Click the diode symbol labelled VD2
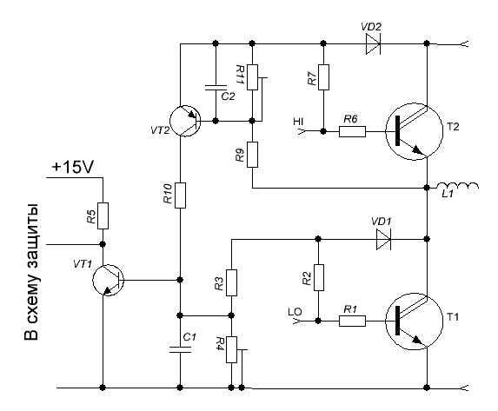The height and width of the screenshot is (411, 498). coord(373,43)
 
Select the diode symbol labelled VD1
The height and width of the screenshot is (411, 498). coord(383,239)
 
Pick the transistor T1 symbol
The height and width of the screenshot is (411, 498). coord(415,322)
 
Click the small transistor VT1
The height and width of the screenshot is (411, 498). coord(108,280)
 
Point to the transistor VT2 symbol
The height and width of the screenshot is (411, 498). coord(185,121)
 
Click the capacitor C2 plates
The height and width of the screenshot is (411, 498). coord(216,88)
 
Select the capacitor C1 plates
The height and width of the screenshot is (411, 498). coord(180,349)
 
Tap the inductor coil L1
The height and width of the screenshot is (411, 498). coord(457,185)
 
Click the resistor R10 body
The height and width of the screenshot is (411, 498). coord(180,196)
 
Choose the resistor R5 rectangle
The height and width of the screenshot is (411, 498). coord(103,216)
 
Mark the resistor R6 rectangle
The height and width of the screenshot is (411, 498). coord(352,131)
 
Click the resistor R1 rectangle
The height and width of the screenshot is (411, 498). coord(352,322)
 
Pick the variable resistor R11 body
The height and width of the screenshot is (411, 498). coord(253,77)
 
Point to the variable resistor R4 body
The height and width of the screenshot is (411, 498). coord(231,349)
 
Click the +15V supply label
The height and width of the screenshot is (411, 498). coord(73,168)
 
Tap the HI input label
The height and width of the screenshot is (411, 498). coord(298,122)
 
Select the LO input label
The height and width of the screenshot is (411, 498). coord(295,312)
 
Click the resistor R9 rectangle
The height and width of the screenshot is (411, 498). coord(253,155)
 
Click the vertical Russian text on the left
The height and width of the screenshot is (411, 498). coord(32,272)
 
